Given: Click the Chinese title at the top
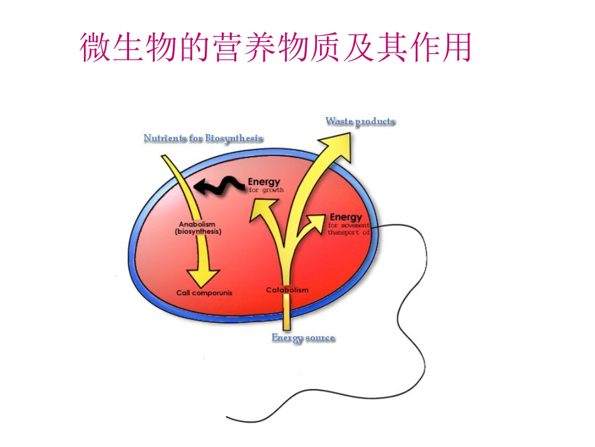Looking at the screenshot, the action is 276,47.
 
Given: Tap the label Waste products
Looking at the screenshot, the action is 360,121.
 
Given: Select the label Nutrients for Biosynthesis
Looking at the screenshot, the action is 203,138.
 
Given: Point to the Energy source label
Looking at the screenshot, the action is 303,338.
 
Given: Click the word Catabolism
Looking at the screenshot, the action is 287,290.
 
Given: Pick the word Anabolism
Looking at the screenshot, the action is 197,224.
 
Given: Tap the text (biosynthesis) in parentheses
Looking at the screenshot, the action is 198,231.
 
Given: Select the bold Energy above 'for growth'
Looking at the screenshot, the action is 264,182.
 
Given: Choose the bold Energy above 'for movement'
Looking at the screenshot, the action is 346,217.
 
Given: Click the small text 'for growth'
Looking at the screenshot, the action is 266,189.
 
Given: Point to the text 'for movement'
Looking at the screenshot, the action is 349,224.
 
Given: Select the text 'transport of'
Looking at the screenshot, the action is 349,232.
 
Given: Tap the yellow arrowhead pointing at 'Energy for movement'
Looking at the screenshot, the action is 317,219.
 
